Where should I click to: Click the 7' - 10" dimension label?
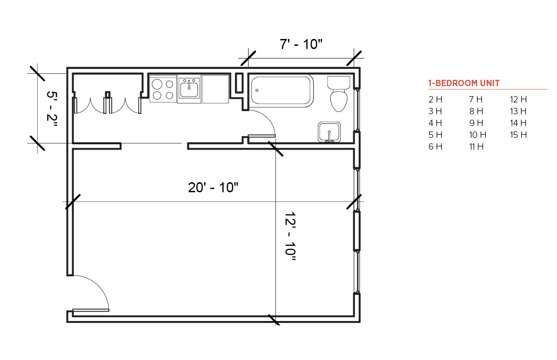(301, 44)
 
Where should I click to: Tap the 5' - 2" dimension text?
(52, 109)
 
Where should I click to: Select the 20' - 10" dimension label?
(213, 188)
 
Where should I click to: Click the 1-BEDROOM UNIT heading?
(464, 83)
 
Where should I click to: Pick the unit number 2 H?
(435, 99)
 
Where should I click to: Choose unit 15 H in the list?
(518, 135)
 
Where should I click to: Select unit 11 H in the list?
(476, 147)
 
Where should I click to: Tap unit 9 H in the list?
(476, 123)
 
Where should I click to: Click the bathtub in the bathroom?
(282, 91)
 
